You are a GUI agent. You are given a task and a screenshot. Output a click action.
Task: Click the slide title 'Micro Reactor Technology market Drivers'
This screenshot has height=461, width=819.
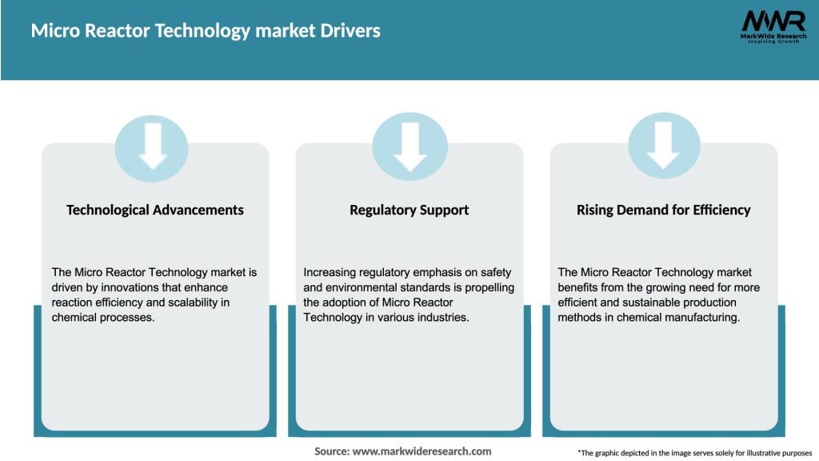(206, 31)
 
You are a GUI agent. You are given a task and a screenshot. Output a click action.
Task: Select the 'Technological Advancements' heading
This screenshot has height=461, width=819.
(155, 210)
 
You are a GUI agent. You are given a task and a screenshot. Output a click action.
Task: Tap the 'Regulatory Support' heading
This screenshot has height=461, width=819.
(409, 210)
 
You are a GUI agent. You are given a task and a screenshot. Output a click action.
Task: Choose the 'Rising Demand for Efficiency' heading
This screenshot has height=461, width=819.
(663, 210)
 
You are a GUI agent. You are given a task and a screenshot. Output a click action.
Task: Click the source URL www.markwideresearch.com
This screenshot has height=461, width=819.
(422, 451)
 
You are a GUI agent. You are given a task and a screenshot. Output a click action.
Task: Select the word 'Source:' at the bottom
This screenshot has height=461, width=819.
(332, 451)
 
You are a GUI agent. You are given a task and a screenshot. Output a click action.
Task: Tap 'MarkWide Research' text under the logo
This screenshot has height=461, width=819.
(773, 37)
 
